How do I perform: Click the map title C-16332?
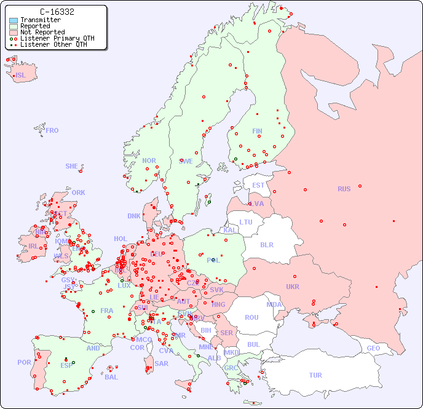57,12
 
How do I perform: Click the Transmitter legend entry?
40,20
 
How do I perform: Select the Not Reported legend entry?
42,33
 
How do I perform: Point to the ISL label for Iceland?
21,76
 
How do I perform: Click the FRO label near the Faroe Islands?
52,130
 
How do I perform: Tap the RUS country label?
344,189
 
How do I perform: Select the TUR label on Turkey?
315,375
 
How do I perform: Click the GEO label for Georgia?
373,348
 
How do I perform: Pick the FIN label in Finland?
257,131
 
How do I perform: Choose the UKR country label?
293,287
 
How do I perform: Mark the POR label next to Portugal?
24,362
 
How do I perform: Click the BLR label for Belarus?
266,244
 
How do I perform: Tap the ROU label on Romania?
251,317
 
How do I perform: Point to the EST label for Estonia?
258,185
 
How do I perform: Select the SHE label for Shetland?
72,166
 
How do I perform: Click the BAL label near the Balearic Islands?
111,377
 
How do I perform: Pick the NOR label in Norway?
149,161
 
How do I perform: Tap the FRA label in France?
107,311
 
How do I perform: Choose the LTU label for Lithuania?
246,222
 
